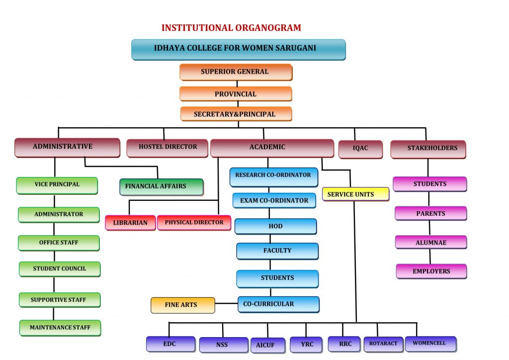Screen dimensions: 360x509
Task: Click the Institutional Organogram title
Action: tap(231, 28)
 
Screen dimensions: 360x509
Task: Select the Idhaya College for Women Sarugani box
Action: tap(238, 49)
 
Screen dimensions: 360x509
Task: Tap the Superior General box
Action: tap(236, 72)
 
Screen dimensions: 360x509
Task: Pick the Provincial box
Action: tap(236, 94)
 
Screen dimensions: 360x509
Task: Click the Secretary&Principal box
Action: tap(236, 114)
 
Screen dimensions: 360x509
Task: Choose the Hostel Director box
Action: tap(167, 148)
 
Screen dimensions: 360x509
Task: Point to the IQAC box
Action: tap(360, 149)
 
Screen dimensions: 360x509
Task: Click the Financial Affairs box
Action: tap(161, 186)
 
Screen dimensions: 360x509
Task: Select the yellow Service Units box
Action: tap(355, 194)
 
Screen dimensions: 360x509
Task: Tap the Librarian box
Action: tap(130, 223)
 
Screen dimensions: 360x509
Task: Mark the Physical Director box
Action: tap(194, 223)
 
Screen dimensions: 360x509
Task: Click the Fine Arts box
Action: tap(182, 305)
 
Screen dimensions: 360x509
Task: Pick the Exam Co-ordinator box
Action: tap(274, 201)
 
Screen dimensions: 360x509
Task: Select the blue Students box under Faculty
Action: tap(277, 278)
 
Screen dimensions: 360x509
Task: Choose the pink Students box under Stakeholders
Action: tap(430, 184)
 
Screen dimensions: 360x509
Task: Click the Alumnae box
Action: tap(431, 243)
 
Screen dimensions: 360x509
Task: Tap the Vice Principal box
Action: tap(57, 185)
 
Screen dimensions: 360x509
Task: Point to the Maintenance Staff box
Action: tap(60, 328)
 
